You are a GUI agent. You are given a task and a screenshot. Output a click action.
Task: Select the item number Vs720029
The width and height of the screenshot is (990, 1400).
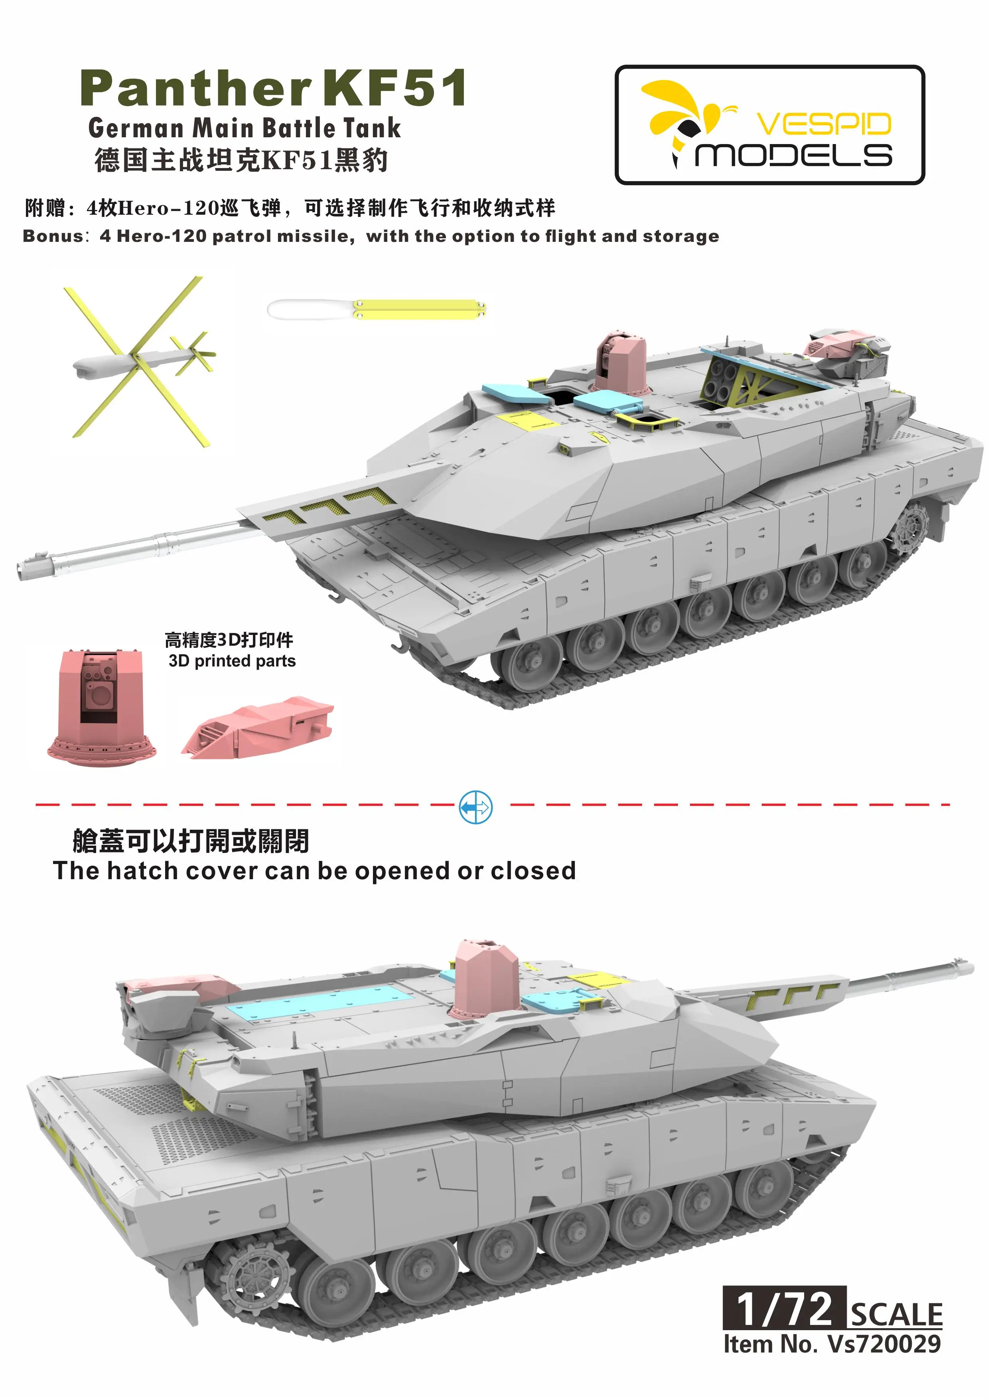pyautogui.click(x=884, y=1344)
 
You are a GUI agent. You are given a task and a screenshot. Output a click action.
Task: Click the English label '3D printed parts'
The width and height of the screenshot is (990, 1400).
pyautogui.click(x=232, y=661)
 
